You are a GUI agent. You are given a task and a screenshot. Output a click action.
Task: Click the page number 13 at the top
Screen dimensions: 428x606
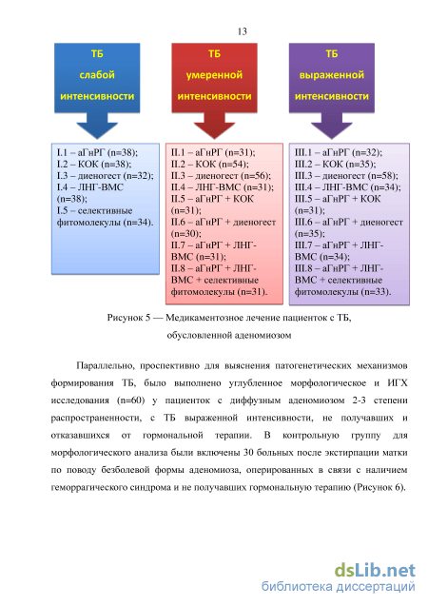(x=243, y=31)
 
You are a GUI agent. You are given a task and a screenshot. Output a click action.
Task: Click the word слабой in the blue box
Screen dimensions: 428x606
(x=97, y=74)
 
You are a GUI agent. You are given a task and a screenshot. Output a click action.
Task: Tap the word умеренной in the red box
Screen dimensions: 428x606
(x=214, y=75)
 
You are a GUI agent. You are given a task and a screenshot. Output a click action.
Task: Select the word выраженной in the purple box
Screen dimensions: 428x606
(x=332, y=75)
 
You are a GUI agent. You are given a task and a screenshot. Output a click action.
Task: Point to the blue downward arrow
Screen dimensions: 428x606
(x=97, y=126)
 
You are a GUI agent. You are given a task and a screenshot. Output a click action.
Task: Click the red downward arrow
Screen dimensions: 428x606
(x=214, y=126)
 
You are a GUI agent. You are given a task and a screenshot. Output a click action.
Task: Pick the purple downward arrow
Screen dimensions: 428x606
(x=332, y=126)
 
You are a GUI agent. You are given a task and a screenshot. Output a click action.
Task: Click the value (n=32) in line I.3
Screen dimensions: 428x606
(x=138, y=176)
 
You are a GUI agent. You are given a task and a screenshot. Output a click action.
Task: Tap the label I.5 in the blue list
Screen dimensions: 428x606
(x=62, y=210)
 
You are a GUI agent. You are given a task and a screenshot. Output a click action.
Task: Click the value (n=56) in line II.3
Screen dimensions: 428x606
(x=256, y=176)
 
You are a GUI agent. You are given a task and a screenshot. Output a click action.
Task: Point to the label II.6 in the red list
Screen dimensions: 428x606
(x=178, y=223)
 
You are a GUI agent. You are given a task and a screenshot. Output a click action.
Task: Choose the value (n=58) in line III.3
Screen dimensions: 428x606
(x=382, y=176)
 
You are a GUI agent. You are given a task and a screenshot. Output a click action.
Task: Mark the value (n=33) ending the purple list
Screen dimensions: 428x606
(x=376, y=292)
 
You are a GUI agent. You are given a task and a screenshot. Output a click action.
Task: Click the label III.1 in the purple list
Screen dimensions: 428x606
(x=302, y=152)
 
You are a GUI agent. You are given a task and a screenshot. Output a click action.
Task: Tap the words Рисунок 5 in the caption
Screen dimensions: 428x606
(x=128, y=318)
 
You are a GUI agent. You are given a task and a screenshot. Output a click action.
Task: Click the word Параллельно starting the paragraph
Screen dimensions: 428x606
(x=105, y=365)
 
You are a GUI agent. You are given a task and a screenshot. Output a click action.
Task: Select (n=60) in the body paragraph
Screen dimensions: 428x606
(x=130, y=401)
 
